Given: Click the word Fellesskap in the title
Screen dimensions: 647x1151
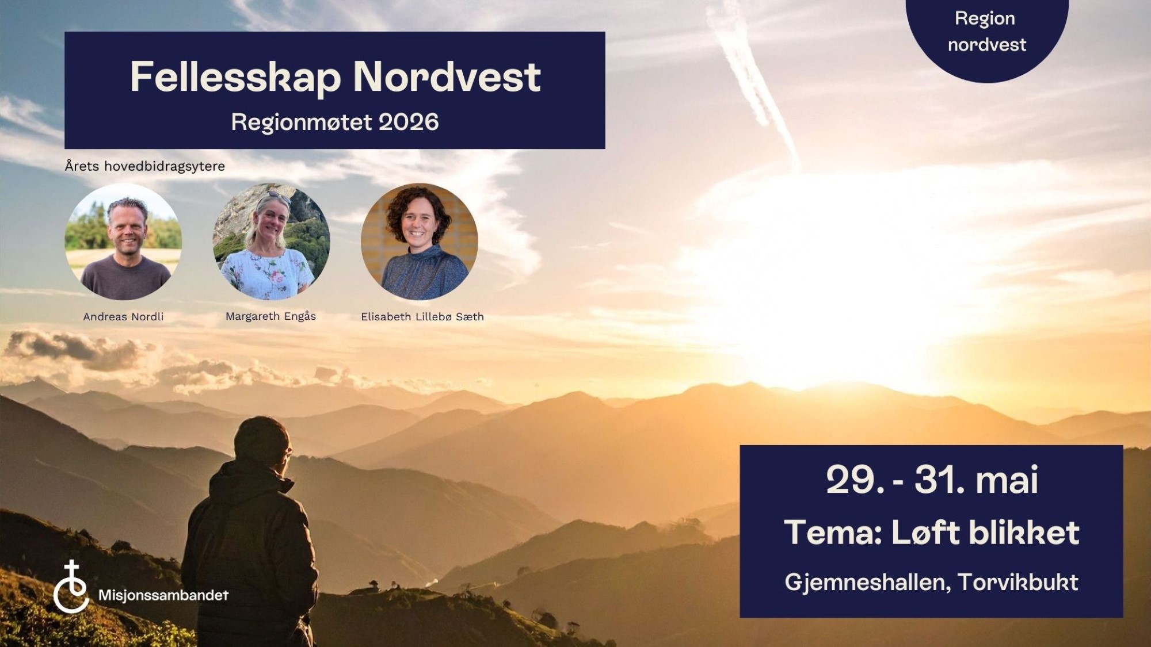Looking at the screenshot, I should click(235, 78).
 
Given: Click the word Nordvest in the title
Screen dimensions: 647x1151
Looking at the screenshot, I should click(447, 77).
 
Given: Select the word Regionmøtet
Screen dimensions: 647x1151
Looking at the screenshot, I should click(302, 122).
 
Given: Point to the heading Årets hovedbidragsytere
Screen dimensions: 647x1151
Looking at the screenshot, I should click(144, 166).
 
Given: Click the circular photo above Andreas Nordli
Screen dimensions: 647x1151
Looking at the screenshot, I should click(123, 242).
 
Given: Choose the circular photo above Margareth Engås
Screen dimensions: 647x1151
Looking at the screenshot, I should click(271, 242).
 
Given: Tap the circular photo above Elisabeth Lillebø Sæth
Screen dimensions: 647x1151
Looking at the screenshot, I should click(420, 242).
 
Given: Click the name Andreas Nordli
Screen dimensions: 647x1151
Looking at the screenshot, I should click(123, 317).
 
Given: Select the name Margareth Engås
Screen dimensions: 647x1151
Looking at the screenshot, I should click(270, 316).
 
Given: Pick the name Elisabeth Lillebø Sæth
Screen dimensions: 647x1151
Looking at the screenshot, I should click(422, 317).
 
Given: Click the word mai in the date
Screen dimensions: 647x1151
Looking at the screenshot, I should click(1007, 480).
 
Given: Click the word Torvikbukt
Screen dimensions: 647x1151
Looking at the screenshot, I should click(1017, 583).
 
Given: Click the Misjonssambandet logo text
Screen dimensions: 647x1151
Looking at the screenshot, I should click(163, 595).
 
